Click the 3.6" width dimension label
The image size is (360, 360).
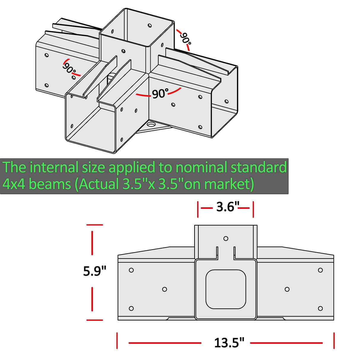tap(227, 207)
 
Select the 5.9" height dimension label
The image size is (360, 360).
tap(95, 271)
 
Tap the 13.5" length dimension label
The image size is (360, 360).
tap(229, 343)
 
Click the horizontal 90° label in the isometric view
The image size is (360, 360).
tap(160, 94)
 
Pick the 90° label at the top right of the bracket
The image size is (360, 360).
tap(185, 38)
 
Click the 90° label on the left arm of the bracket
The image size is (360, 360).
tap(69, 69)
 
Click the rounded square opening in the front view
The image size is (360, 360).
tap(226, 289)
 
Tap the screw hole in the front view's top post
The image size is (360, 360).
tap(226, 238)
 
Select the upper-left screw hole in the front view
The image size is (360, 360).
tap(131, 270)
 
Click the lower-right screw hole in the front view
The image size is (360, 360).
tap(320, 308)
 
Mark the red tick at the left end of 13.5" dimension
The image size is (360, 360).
tap(117, 340)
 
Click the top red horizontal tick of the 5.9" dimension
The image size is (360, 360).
tap(95, 225)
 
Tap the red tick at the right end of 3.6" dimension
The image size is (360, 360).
tap(253, 209)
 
